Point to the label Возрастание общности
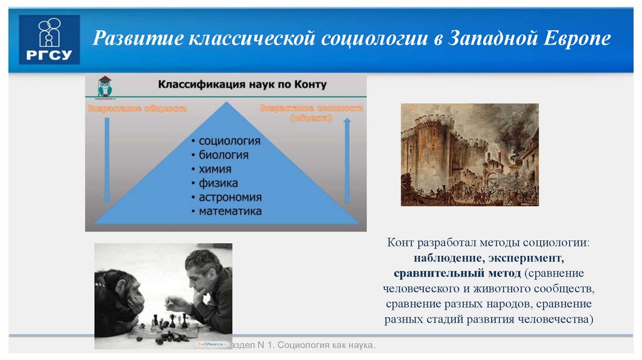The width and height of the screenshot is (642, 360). (x=137, y=109)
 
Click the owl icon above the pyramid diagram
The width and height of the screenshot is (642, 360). (x=104, y=87)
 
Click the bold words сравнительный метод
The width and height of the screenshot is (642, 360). (x=458, y=273)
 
